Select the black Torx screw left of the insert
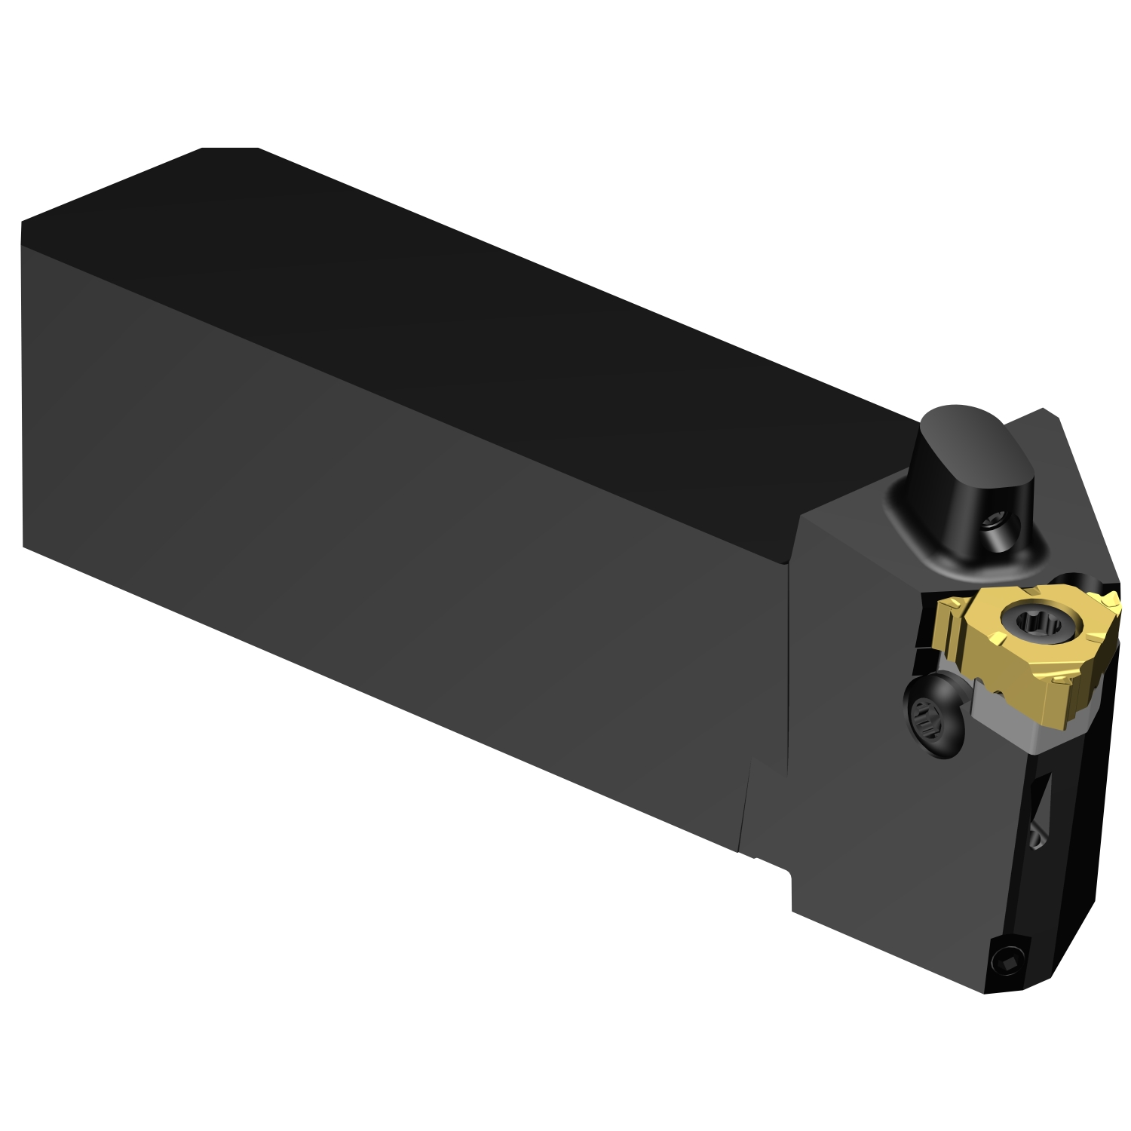point(932,717)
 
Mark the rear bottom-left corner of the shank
point(24,545)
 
